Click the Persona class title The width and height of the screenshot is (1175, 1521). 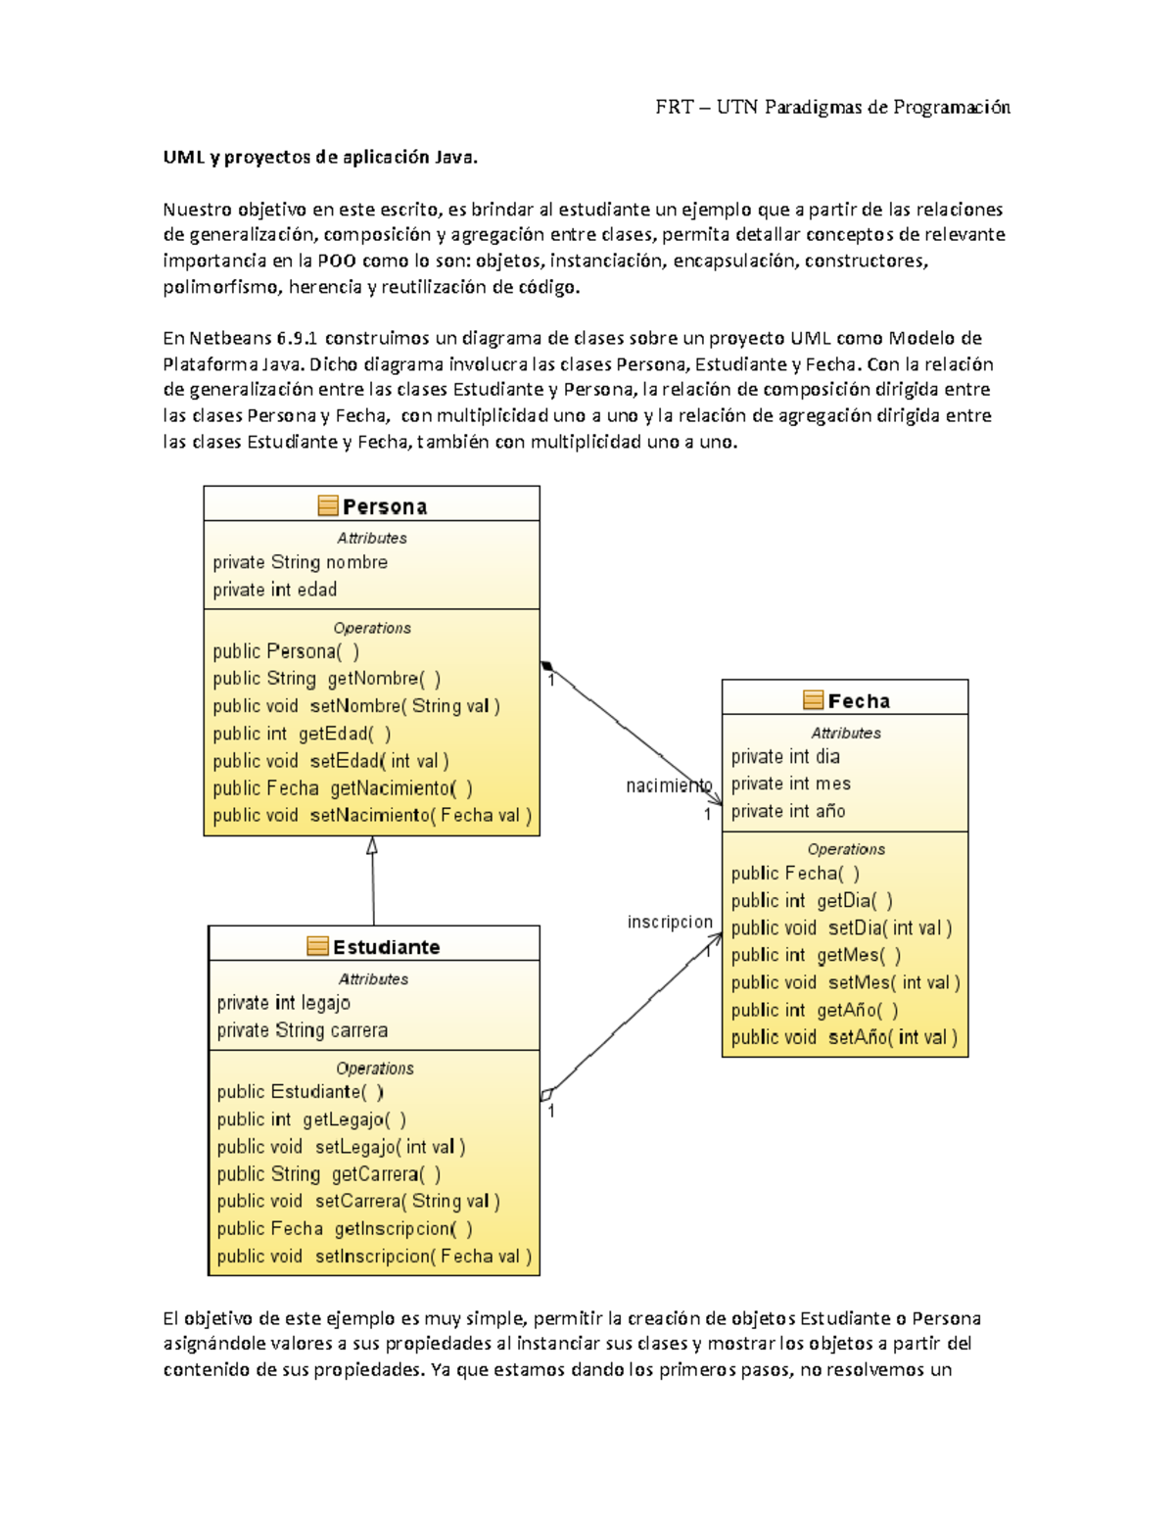coord(384,506)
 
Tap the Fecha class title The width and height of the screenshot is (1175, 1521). coord(859,700)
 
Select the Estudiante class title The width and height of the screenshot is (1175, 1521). coord(386,947)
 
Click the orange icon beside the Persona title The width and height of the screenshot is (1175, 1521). coord(328,505)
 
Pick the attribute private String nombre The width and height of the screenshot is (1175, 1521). coord(300,562)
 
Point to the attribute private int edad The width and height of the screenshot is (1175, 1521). coord(274,590)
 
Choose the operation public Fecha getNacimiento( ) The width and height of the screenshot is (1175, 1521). coord(343,788)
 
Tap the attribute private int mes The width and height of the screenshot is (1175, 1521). coord(790,784)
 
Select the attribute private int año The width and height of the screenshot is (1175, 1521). coord(787,811)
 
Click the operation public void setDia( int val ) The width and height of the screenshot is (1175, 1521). coord(841,928)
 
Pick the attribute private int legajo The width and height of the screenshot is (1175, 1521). coord(283,1003)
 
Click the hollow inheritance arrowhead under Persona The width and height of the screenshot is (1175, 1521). coord(372,846)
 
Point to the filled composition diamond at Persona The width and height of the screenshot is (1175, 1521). coord(546,666)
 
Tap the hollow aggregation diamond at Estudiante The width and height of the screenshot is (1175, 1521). coord(547,1094)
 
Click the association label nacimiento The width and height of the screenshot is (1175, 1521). coord(669,785)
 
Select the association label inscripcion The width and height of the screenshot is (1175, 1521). coord(670,922)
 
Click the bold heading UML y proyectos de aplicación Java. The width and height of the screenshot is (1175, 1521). coord(320,157)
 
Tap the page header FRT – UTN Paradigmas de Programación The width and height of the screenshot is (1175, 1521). coord(832,107)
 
